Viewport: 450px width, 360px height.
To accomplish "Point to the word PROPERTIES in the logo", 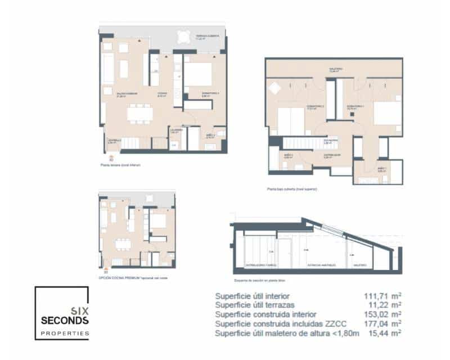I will click(64, 334).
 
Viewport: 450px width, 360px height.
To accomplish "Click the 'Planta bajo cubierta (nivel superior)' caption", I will click(292, 190).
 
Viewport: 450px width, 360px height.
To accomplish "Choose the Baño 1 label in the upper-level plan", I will click(381, 169).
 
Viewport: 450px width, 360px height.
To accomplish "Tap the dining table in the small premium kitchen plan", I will click(121, 245).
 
